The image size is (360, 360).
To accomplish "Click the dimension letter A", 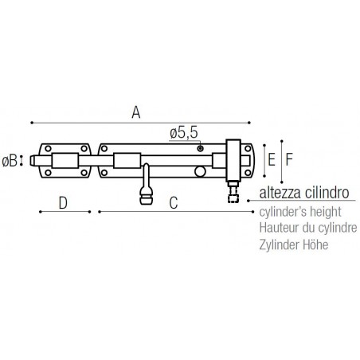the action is point(136,112).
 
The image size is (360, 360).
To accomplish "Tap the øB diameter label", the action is point(10,161).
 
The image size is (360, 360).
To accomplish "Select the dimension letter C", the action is point(174,203).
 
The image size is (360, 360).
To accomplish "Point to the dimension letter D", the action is point(63,203).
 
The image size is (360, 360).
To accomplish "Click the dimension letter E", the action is point(272,160).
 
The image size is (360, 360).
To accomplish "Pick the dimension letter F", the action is point(289,159).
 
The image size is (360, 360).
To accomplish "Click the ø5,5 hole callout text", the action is point(184,133).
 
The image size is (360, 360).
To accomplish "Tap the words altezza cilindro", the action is point(304,193).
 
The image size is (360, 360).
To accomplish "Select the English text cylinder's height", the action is point(300,212).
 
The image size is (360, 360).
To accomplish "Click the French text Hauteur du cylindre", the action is point(308,228).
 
